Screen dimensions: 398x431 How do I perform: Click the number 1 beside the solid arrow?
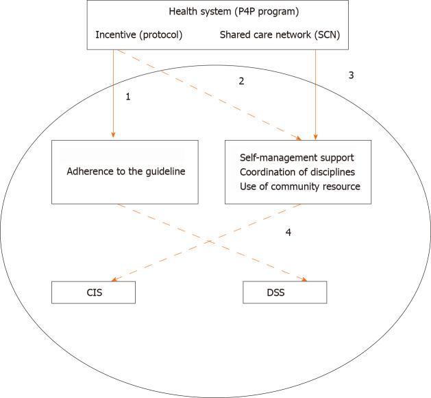point(127,97)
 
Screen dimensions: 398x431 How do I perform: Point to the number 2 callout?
point(241,81)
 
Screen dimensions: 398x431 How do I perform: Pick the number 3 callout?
point(351,75)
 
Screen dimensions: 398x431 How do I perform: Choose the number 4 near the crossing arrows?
point(288,233)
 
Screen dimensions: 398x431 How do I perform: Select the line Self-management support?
point(297,158)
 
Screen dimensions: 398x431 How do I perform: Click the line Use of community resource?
point(299,187)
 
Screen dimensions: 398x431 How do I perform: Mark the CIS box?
point(93,292)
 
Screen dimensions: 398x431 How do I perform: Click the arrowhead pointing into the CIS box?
point(114,279)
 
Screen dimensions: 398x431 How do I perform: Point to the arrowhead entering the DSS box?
point(303,279)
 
